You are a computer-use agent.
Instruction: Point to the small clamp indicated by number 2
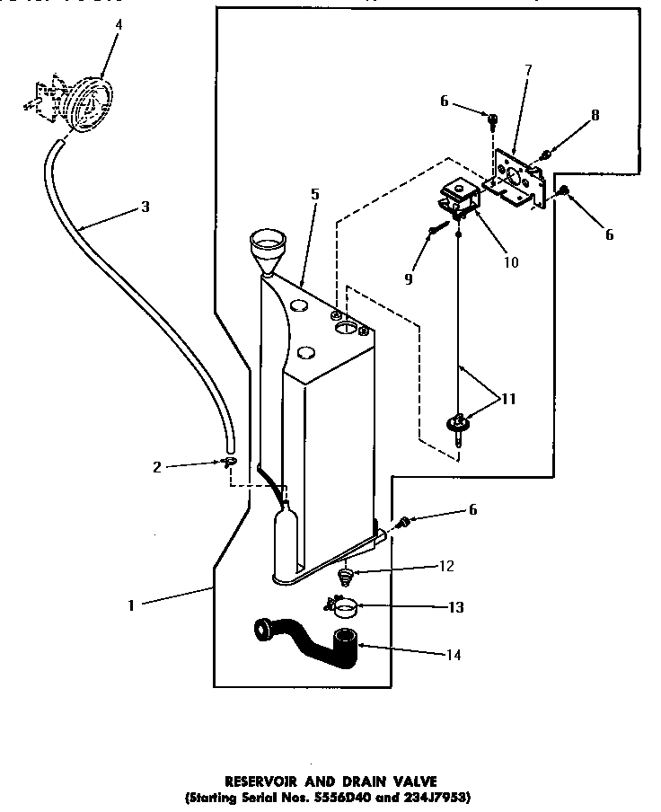(230, 463)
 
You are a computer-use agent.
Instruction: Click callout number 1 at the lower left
(131, 605)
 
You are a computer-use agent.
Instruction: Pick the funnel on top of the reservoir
(268, 246)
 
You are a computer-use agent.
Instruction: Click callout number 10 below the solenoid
(511, 263)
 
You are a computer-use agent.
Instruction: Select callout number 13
(455, 607)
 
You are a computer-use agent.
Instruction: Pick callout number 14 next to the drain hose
(454, 656)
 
